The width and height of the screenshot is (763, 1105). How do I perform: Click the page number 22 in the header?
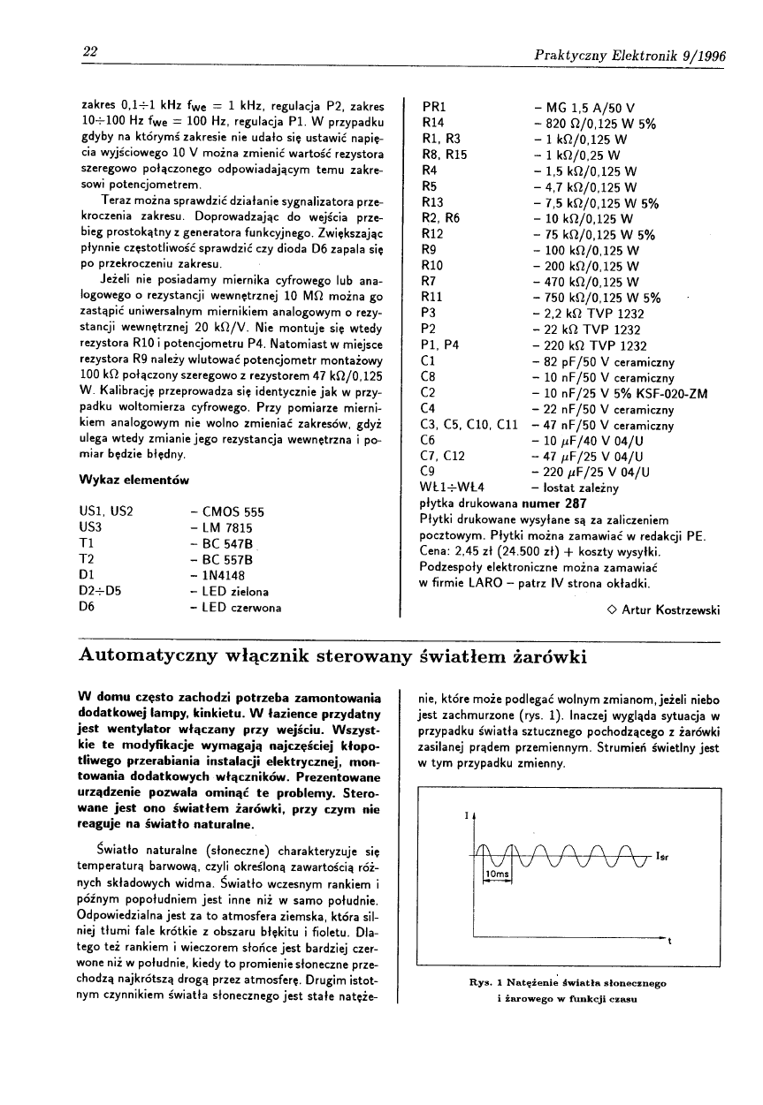point(89,52)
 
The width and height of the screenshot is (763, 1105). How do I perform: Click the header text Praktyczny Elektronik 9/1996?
point(630,57)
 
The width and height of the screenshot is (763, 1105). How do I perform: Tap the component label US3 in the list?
point(92,527)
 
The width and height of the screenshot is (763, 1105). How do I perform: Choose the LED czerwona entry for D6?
point(238,608)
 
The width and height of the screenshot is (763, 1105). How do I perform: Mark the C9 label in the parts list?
point(430,472)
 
